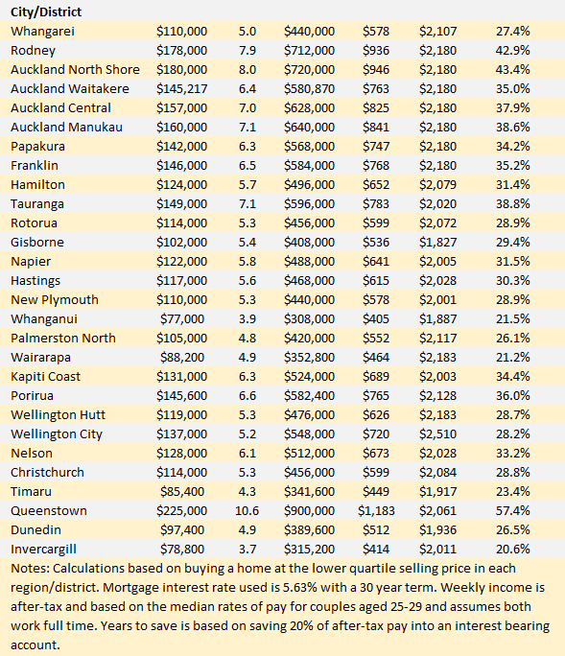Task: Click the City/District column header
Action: [x=46, y=12]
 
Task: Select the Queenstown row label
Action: [x=49, y=511]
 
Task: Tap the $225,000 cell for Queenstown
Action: [x=181, y=511]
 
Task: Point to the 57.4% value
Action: [x=513, y=511]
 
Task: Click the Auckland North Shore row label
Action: [x=76, y=69]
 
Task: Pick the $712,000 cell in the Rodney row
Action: [x=309, y=50]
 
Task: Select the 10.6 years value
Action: [x=247, y=511]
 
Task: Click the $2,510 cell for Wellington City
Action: [x=437, y=433]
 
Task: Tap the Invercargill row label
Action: [x=43, y=550]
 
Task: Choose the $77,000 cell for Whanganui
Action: [x=182, y=318]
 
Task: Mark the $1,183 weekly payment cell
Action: [x=376, y=511]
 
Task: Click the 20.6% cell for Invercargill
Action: [x=513, y=549]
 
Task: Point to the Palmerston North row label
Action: [x=63, y=338]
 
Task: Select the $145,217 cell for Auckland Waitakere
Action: [x=181, y=88]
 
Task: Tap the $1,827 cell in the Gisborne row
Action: [x=437, y=243]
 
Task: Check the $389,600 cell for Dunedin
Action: [x=309, y=530]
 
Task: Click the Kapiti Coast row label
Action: [x=46, y=377]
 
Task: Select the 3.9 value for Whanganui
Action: [x=247, y=318]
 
